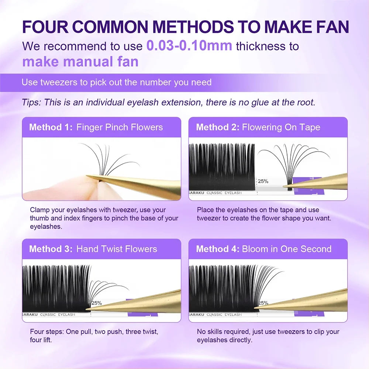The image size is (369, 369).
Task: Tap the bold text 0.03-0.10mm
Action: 189,46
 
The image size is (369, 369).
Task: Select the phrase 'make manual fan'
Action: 80,61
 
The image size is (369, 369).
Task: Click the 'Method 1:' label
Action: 51,127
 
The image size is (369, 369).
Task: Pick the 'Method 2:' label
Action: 218,127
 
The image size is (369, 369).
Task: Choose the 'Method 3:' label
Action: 51,249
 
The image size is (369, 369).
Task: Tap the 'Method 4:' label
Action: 218,249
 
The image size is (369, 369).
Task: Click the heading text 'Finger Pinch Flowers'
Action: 120,127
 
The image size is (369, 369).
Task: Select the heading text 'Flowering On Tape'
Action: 281,127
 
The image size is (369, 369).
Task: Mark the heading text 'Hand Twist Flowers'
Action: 117,249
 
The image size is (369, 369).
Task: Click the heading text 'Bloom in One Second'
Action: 287,249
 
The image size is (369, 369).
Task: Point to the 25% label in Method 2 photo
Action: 263,181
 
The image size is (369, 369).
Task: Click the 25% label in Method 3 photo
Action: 97,303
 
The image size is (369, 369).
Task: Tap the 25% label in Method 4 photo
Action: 263,303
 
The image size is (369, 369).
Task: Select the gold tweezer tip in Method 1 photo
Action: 90,177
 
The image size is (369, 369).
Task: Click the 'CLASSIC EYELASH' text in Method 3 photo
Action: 58,315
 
